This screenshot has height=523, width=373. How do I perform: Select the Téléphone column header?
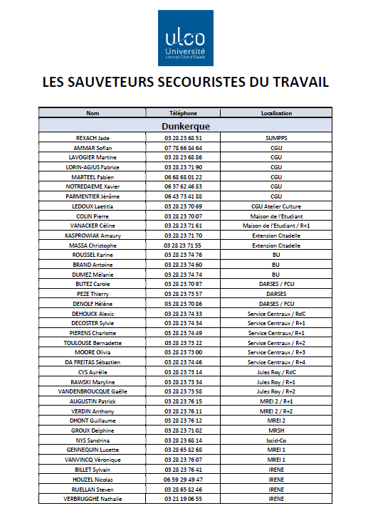(183, 113)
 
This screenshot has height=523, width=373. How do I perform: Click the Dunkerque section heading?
(185, 126)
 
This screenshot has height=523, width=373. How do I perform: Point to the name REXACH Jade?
(92, 138)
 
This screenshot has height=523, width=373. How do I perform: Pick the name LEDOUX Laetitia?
(92, 206)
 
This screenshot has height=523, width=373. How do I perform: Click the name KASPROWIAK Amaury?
(92, 235)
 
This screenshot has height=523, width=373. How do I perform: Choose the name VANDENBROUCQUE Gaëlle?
(92, 391)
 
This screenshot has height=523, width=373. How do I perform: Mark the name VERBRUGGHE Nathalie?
(92, 499)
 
